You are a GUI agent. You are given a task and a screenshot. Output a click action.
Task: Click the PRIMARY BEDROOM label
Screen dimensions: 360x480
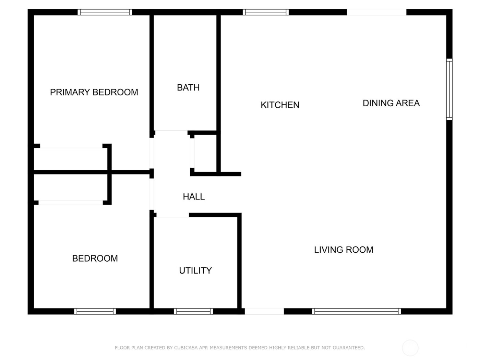pos(94,92)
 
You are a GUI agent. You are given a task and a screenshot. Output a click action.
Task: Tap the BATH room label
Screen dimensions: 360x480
pos(188,88)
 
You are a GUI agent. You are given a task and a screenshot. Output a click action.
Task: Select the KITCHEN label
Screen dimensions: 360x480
pos(280,105)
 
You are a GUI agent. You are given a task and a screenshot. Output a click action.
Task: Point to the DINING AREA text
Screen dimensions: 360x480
pos(391,103)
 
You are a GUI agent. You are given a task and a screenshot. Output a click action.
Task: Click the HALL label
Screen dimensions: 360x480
pos(194,197)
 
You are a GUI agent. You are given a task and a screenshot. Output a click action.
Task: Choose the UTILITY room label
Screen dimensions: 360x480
pos(195,271)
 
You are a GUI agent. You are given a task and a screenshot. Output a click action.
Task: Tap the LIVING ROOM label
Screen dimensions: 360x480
pos(344,250)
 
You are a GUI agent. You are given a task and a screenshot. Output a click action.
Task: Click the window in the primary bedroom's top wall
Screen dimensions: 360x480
pos(105,12)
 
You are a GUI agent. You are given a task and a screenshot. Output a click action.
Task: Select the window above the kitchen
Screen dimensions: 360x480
pos(266,12)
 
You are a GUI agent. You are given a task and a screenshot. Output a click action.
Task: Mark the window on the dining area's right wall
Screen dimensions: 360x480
pos(449,89)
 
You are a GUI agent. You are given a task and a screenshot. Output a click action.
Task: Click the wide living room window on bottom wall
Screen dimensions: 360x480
pos(357,311)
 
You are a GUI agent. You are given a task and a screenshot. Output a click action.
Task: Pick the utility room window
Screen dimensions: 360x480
pos(193,311)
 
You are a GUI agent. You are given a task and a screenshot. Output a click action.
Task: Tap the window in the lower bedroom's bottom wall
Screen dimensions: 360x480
pos(95,311)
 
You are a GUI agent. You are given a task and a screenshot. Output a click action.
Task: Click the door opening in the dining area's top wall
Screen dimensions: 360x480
pos(376,12)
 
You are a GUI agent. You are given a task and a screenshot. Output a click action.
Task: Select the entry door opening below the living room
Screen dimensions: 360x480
pos(264,311)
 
